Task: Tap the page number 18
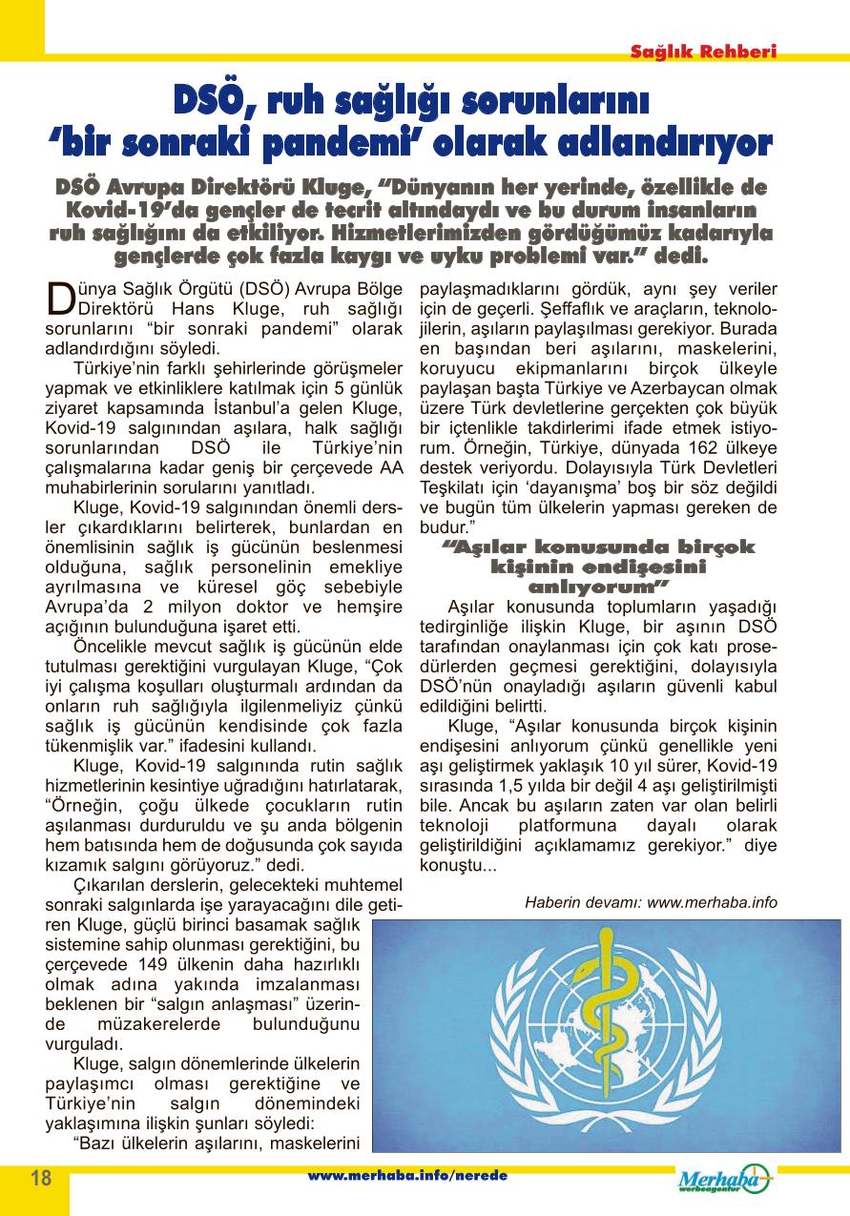41,1177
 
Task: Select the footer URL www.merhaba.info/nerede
407,1175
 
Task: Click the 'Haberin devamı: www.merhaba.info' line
651,901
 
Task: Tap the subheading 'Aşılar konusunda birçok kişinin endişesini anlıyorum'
598,566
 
